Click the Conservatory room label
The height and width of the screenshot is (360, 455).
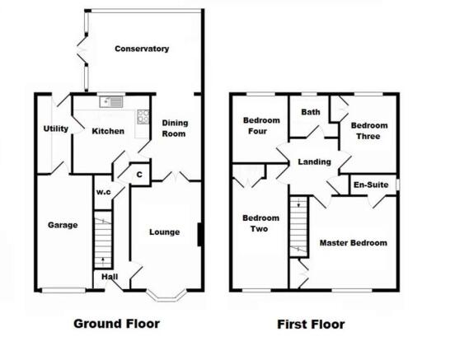(x=142, y=49)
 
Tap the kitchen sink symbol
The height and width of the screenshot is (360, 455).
(x=111, y=102)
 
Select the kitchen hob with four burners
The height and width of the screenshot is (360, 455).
(x=143, y=117)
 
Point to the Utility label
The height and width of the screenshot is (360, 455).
(x=56, y=129)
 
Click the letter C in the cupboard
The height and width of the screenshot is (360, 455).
(x=139, y=175)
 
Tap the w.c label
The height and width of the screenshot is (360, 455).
(x=104, y=192)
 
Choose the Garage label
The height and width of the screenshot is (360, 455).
(x=63, y=225)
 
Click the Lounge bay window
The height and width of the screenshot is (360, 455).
(x=167, y=295)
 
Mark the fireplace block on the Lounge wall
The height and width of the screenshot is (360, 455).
(x=199, y=235)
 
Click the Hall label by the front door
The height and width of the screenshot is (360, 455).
(x=110, y=277)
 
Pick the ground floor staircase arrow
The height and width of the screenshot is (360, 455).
(x=103, y=261)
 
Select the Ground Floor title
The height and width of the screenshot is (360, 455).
(x=117, y=324)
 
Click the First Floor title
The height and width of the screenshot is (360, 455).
(x=311, y=325)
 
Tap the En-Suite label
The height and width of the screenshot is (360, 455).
(x=371, y=185)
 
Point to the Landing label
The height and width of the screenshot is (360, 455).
(x=315, y=161)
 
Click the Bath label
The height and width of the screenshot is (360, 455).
(x=311, y=112)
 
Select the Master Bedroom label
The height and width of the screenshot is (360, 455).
(x=354, y=243)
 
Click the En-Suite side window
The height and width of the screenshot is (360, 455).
(x=398, y=185)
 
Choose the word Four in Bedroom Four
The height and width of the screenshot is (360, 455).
(x=258, y=131)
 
